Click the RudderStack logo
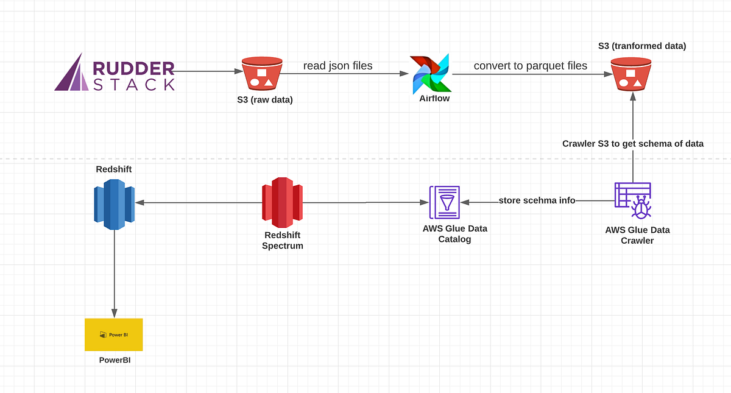pyautogui.click(x=115, y=73)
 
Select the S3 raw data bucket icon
pyautogui.click(x=262, y=73)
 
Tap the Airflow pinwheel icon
pyautogui.click(x=430, y=74)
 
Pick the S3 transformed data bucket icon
pyautogui.click(x=632, y=73)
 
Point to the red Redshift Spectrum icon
pyautogui.click(x=282, y=204)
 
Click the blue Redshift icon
pyautogui.click(x=115, y=204)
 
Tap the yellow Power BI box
pyautogui.click(x=114, y=335)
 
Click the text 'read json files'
pyautogui.click(x=338, y=66)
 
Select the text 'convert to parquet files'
pyautogui.click(x=530, y=66)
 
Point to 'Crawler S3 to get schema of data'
pyautogui.click(x=633, y=144)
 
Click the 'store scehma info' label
pyautogui.click(x=537, y=200)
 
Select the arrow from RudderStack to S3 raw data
pyautogui.click(x=207, y=71)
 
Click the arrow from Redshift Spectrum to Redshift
pyautogui.click(x=198, y=202)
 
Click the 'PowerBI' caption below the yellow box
pyautogui.click(x=115, y=360)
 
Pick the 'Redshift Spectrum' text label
pyautogui.click(x=282, y=240)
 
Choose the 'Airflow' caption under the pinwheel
pyautogui.click(x=434, y=98)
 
